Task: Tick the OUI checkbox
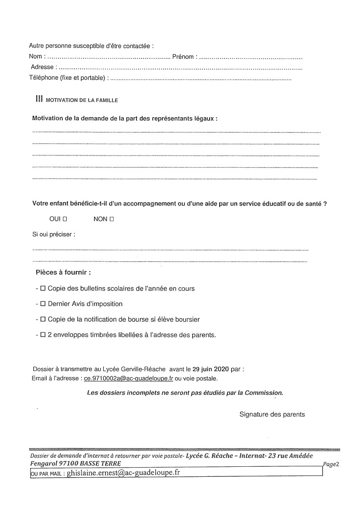[x=65, y=219]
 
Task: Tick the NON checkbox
[x=112, y=219]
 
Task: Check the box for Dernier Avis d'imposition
[x=43, y=304]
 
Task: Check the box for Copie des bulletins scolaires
[x=43, y=288]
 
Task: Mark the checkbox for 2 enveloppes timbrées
[x=43, y=335]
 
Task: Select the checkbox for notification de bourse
[x=43, y=319]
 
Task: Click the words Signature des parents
[x=272, y=414]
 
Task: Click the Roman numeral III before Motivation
[x=39, y=99]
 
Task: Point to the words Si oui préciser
[x=54, y=234]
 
